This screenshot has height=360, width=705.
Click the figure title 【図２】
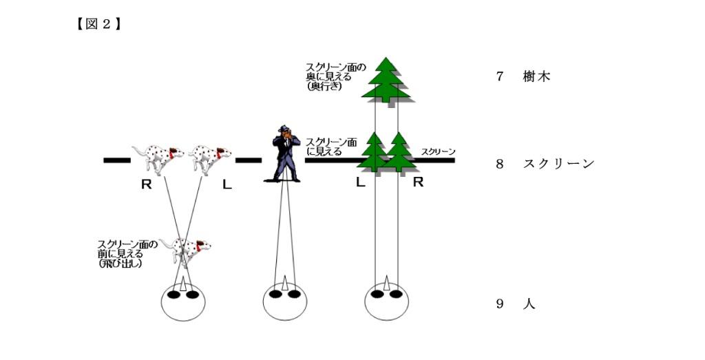98,24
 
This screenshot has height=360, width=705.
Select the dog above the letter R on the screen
158,159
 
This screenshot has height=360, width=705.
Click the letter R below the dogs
146,184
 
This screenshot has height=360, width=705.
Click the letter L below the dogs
227,184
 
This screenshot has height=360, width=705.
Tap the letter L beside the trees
360,182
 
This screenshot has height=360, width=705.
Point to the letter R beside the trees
418,182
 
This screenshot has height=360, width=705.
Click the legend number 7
500,76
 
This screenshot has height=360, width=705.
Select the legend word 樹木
537,76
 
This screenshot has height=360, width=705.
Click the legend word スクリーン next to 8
558,164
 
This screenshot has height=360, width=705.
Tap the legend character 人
529,304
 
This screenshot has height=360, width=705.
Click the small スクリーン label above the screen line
438,152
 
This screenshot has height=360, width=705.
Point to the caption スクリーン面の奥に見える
335,72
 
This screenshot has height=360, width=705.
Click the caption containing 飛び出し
127,254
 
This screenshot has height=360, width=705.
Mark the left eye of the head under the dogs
173,295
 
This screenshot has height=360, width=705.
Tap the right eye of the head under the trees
396,295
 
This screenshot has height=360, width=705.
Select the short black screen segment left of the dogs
117,160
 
